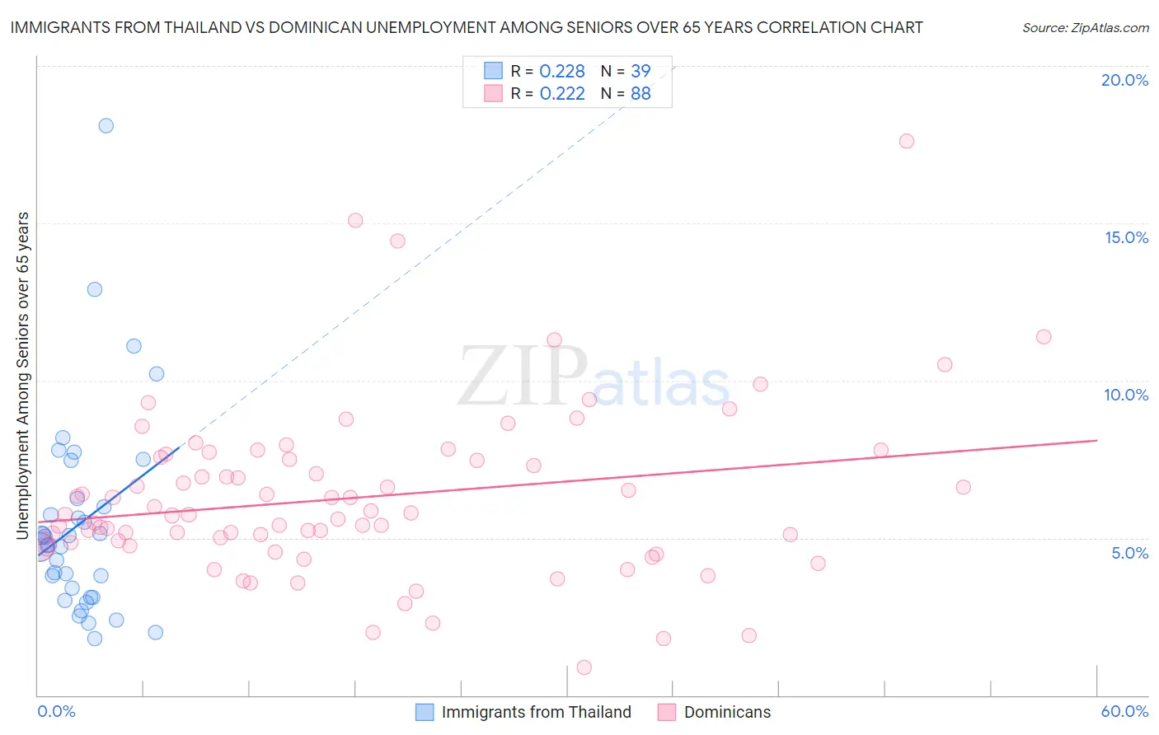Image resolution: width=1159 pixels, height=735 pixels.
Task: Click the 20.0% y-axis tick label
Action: (1124, 80)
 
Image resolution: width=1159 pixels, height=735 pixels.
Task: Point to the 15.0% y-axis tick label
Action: (1126, 237)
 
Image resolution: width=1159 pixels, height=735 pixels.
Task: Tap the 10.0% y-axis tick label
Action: (1126, 395)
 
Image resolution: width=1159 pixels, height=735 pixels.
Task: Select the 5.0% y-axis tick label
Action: (1129, 553)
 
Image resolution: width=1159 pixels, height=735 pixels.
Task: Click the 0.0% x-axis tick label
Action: (56, 711)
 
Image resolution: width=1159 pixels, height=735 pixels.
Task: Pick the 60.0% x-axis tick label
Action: (1124, 711)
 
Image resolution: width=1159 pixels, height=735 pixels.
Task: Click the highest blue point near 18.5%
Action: (106, 126)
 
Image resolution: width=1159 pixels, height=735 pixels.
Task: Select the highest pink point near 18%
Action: (907, 141)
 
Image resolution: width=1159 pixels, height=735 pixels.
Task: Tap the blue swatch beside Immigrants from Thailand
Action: (425, 712)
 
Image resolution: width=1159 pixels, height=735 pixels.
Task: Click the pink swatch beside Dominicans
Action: (667, 712)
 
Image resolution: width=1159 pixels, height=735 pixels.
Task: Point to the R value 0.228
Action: (562, 72)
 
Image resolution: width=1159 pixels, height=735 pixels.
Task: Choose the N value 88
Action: (640, 94)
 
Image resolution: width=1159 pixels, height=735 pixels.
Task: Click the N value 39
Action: (640, 72)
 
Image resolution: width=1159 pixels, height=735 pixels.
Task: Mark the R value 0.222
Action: (562, 94)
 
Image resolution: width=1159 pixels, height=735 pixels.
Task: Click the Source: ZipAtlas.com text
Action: (1085, 28)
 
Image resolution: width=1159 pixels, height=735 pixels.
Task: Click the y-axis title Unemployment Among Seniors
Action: (23, 376)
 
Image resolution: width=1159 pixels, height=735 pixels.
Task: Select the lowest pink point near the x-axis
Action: (584, 667)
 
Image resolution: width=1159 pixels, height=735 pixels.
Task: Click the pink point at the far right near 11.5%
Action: (1044, 337)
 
